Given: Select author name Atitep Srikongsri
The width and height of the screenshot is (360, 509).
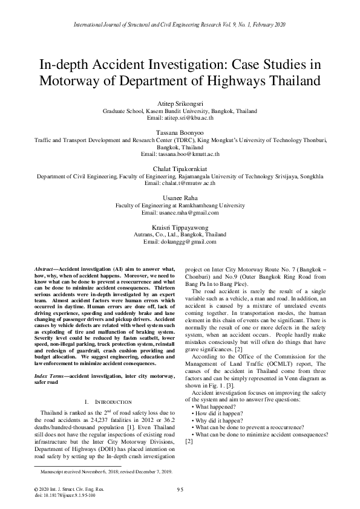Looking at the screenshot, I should click(180, 104).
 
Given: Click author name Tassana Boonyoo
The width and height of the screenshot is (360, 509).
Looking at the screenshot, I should click(180, 132).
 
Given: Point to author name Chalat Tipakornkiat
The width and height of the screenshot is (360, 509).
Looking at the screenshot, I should click(180, 169).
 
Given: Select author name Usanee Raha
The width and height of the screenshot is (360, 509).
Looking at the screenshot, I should click(180, 198).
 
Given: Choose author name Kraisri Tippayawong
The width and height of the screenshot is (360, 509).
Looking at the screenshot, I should click(180, 227).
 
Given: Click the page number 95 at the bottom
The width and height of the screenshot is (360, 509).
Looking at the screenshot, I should click(180, 488).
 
